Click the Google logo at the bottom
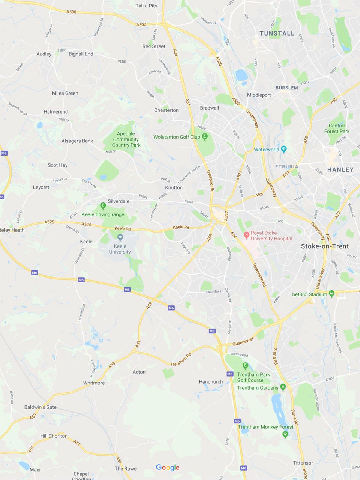pyautogui.click(x=168, y=467)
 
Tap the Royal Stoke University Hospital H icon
pyautogui.click(x=246, y=235)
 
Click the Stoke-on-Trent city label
pyautogui.click(x=325, y=246)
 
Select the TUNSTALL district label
pyautogui.click(x=277, y=33)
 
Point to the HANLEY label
pyautogui.click(x=340, y=170)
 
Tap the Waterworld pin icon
pyautogui.click(x=284, y=150)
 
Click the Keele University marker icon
pyautogui.click(x=120, y=237)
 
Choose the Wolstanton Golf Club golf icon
pyautogui.click(x=205, y=137)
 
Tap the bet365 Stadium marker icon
pyautogui.click(x=331, y=294)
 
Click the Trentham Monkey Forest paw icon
pyautogui.click(x=285, y=434)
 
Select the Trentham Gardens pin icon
pyautogui.click(x=283, y=387)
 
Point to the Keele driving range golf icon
pyautogui.click(x=103, y=206)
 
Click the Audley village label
pyautogui.click(x=44, y=54)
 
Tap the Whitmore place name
pyautogui.click(x=94, y=383)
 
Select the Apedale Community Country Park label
pyautogui.click(x=126, y=139)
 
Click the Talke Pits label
pyautogui.click(x=146, y=6)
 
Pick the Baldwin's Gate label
pyautogui.click(x=40, y=407)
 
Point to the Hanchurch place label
pyautogui.click(x=211, y=382)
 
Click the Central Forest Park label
pyautogui.click(x=337, y=129)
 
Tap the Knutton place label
pyautogui.click(x=174, y=187)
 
